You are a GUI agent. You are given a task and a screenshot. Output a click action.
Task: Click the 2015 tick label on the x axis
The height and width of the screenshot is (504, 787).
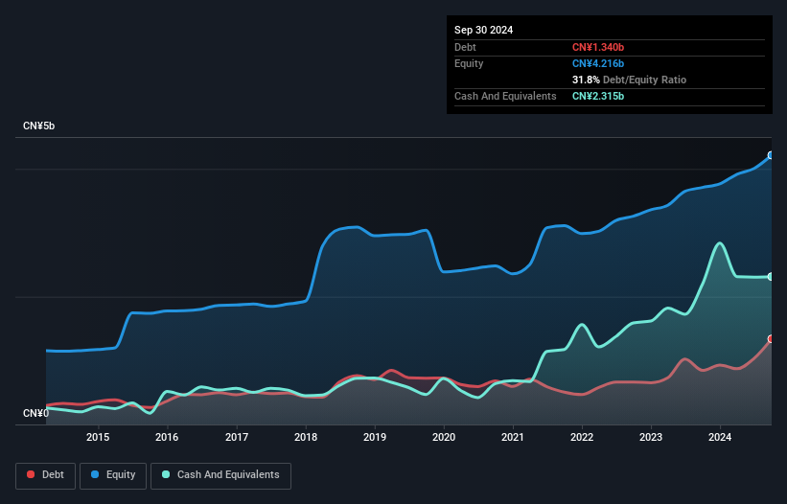coord(98,437)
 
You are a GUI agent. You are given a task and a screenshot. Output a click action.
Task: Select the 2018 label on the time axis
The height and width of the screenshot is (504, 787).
coord(306,437)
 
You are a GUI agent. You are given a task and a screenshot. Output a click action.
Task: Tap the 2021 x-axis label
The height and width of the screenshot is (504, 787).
coord(513,437)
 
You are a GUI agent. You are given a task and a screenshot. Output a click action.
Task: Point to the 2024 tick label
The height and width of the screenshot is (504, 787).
coord(720,437)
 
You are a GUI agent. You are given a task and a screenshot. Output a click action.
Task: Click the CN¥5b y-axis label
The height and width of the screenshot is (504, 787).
coord(38,126)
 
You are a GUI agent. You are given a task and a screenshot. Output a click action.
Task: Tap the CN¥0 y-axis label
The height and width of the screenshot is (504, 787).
coord(35,413)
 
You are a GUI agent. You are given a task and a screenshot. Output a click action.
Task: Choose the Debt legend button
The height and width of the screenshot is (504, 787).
coord(46,475)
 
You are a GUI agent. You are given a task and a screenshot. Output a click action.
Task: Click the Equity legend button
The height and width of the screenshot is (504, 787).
coord(113,475)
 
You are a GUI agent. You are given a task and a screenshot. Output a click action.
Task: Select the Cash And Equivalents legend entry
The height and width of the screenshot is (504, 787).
coord(220,475)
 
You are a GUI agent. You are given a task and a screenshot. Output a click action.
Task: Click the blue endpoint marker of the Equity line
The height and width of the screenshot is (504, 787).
coord(771,155)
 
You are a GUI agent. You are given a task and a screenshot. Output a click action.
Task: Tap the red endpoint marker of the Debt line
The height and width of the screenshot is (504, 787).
coord(771,339)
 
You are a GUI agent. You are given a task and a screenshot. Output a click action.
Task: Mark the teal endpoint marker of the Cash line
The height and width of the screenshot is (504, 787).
coord(771,277)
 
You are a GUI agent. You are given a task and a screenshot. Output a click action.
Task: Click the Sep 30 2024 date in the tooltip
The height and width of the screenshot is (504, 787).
coord(483,30)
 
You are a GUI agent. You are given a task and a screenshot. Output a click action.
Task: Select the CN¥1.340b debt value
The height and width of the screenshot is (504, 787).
coord(598,47)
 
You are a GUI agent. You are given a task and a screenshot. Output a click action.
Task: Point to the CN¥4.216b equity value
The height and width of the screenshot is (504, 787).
coord(598,63)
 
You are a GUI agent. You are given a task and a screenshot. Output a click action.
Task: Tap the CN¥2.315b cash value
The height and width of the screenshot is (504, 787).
coord(598,96)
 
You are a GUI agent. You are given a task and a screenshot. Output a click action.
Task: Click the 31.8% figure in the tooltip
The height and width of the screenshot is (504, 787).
coord(586,80)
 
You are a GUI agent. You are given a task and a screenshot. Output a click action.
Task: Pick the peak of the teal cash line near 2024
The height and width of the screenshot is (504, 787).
coord(720,243)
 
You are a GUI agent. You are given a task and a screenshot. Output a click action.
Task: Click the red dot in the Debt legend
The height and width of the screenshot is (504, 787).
coord(31,474)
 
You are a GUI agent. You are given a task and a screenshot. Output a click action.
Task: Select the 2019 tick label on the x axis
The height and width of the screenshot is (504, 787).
coord(375,437)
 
